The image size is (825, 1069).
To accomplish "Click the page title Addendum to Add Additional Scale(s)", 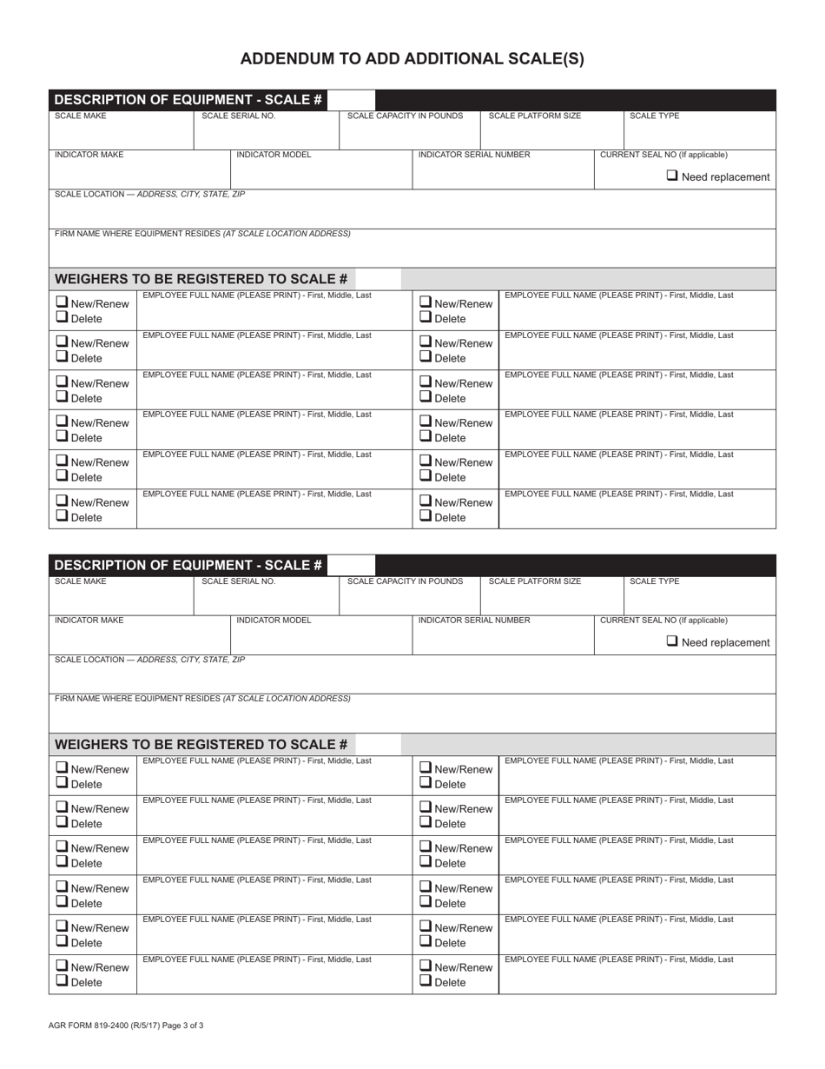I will click(412, 59).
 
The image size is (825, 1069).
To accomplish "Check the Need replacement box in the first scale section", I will click(673, 176).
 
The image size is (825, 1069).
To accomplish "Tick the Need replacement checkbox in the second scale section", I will click(673, 641).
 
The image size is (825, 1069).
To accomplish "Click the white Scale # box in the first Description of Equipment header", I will click(351, 100).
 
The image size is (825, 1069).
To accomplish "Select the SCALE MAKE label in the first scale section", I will click(81, 116).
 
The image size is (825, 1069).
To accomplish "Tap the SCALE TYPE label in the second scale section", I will click(654, 581).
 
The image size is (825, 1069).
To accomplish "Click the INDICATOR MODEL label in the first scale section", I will click(274, 155).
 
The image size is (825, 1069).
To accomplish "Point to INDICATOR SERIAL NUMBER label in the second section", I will click(474, 621).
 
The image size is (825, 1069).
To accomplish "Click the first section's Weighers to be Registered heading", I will click(201, 279).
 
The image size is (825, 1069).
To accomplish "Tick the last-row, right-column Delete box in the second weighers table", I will click(426, 981).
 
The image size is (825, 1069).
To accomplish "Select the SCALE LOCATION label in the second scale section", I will click(149, 660).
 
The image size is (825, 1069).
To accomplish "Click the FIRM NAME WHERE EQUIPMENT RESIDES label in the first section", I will click(202, 234).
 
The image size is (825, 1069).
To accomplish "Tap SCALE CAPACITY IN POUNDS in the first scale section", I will click(405, 116).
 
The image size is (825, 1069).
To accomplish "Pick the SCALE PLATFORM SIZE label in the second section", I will click(535, 581).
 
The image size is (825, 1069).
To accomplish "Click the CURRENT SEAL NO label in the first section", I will click(663, 155).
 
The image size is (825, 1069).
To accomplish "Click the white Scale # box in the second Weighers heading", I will click(378, 744).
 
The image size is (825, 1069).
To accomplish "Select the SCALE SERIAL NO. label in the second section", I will click(238, 581).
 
